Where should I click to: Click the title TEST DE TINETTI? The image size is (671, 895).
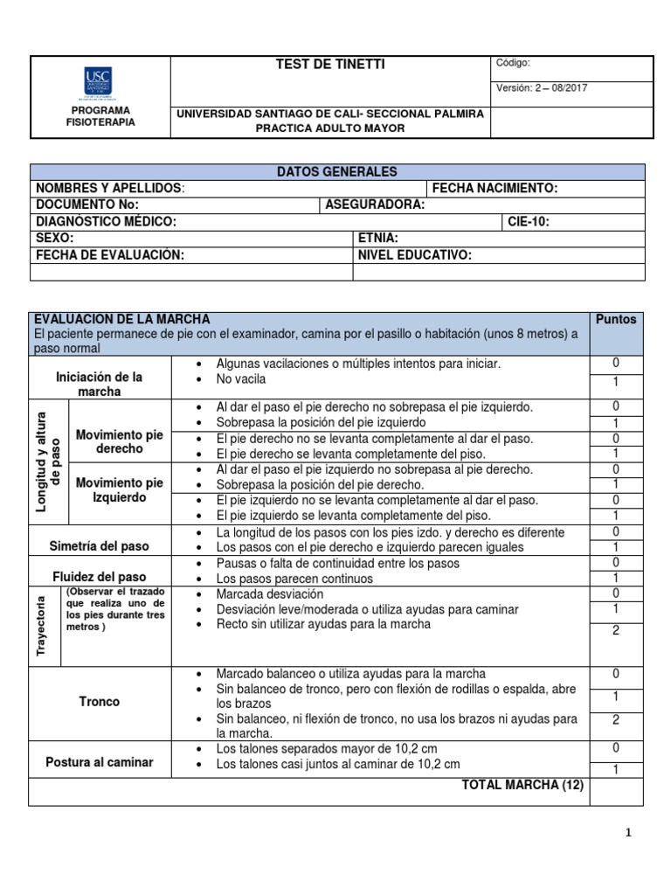point(330,65)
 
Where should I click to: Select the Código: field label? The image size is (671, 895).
point(513,63)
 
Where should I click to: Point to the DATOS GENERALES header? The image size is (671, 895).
point(337,172)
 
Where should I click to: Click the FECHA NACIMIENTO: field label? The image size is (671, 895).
point(495,189)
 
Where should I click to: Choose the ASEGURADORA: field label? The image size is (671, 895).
point(375,205)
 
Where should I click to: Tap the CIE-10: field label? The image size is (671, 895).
point(529,222)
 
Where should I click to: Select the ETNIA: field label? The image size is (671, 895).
point(378,238)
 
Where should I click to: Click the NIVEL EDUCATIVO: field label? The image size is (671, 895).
point(415,254)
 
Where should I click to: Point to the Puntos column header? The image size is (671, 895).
point(615,319)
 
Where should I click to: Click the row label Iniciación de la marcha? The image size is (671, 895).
point(99,384)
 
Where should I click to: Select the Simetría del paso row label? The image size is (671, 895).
point(99,546)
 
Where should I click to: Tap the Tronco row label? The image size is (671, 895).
point(99,702)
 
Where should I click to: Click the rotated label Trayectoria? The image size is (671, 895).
point(42,626)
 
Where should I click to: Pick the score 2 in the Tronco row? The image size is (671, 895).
point(615,719)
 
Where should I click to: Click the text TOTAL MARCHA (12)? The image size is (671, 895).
point(522,786)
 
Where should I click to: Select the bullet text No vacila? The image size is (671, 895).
point(241,379)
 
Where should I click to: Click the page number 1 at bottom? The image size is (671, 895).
point(627,834)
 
